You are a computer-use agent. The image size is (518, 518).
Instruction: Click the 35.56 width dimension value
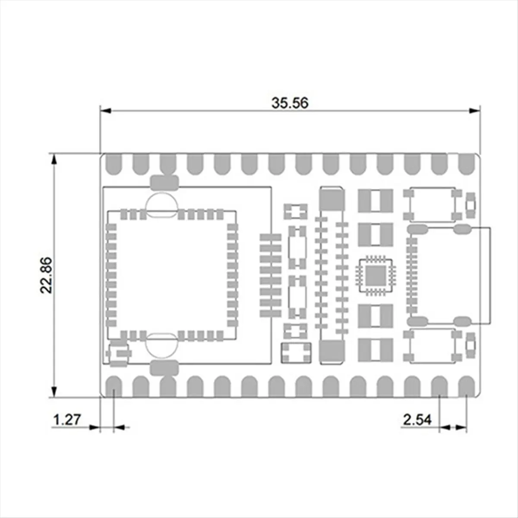290,103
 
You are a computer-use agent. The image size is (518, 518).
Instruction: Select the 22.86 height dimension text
46,275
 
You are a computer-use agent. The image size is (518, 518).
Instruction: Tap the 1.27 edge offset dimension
66,420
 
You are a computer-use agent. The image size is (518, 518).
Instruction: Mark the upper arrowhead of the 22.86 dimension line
54,160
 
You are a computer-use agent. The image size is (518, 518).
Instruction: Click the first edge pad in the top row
114,164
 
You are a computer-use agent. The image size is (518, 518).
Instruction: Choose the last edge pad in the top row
466,164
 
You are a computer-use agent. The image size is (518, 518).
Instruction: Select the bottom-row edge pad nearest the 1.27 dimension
114,385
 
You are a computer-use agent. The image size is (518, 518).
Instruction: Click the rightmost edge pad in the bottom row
466,385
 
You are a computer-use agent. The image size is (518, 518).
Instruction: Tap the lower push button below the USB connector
432,345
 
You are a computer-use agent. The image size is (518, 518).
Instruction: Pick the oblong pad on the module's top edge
164,183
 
